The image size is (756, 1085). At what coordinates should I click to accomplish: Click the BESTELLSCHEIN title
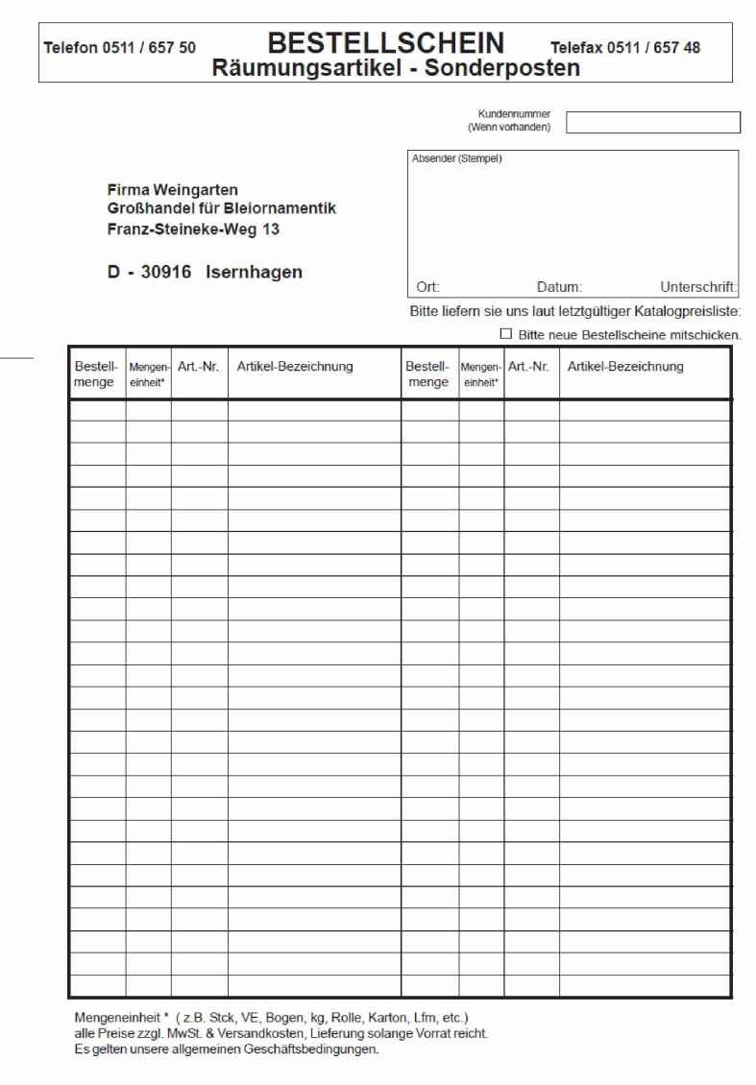[x=386, y=42]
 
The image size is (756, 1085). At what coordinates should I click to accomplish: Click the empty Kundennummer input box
[x=653, y=122]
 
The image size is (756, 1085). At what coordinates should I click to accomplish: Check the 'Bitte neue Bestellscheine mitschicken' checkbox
[x=506, y=334]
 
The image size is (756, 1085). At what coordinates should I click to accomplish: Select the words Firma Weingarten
[x=173, y=190]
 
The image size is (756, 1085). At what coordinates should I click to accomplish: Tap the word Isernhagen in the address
[x=254, y=272]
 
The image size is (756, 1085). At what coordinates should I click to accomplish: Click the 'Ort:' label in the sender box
[x=428, y=286]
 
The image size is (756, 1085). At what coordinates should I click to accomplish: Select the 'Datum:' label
[x=559, y=286]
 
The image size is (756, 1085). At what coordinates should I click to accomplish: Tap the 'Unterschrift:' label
[x=698, y=286]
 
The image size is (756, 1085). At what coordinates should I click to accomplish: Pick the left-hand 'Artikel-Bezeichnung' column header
[x=295, y=367]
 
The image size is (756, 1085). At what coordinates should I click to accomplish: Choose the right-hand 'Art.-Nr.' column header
[x=528, y=367]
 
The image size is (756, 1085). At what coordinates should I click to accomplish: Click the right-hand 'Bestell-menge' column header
[x=427, y=374]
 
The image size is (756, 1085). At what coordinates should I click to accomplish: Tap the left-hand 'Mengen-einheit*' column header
[x=148, y=374]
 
